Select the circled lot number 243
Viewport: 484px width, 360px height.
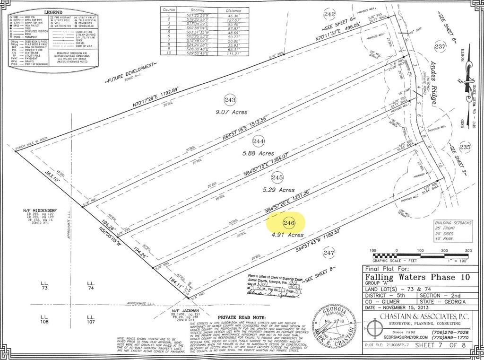pyautogui.click(x=230, y=100)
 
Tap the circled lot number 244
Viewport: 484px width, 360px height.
pyautogui.click(x=259, y=141)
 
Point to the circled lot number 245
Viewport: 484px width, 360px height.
pyautogui.click(x=277, y=178)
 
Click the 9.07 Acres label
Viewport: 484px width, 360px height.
pyautogui.click(x=232, y=112)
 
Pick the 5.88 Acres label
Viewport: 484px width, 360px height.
pyautogui.click(x=258, y=153)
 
